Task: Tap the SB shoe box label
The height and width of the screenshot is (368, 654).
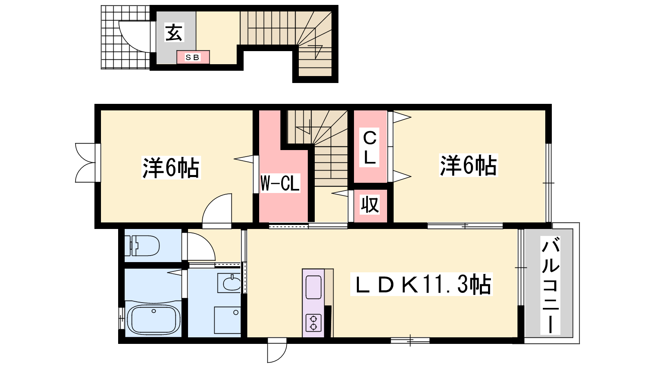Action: pos(193,58)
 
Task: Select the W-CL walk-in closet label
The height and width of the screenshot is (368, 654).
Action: pos(280,183)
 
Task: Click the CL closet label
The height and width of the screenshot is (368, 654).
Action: pos(370,147)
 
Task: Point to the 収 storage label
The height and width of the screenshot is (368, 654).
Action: pos(370,204)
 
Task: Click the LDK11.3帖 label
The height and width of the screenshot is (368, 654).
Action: pos(421,284)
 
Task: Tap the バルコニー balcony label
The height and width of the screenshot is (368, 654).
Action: pos(550,285)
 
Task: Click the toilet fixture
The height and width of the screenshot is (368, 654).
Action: pos(142,245)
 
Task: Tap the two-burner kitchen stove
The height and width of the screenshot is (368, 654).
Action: pos(314,323)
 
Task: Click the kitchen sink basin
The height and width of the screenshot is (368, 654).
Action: pos(314,287)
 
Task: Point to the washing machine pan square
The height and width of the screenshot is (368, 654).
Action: pos(227,320)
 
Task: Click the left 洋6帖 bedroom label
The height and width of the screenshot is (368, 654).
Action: pos(171,168)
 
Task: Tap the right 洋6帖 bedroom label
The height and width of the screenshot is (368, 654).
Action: pos(468,165)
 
